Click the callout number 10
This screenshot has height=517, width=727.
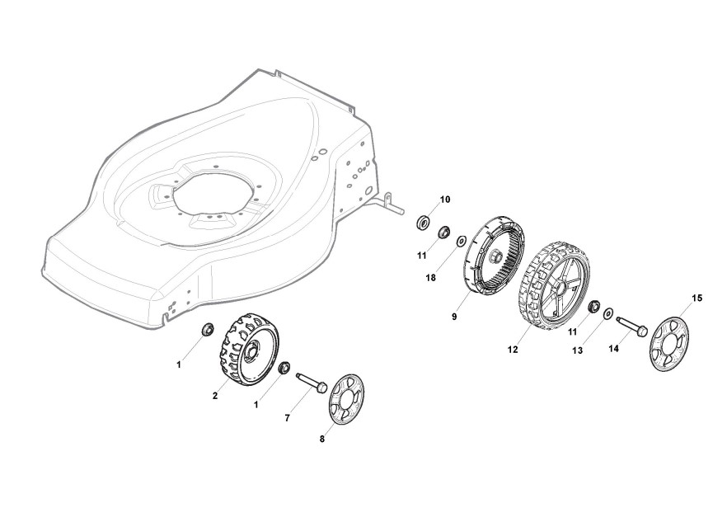click(445, 200)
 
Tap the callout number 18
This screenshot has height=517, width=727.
click(430, 278)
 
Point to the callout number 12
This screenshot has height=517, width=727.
click(513, 350)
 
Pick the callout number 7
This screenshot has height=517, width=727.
click(287, 418)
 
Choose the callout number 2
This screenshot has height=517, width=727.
click(215, 396)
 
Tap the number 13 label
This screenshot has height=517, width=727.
click(577, 350)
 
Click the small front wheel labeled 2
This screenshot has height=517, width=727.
click(250, 350)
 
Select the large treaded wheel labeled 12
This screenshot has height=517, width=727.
click(554, 287)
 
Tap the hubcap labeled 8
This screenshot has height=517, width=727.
click(345, 399)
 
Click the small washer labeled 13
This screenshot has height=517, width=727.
click(608, 314)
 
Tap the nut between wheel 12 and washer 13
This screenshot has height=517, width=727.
click(592, 308)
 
